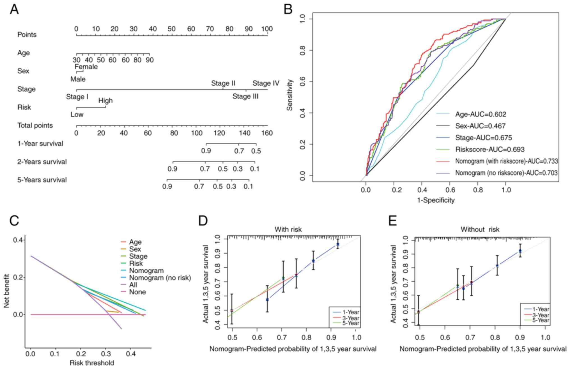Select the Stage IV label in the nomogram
tap(266, 83)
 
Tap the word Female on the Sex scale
tap(86, 67)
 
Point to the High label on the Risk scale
tap(105, 101)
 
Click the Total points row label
tap(35, 126)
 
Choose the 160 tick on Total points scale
tap(267, 133)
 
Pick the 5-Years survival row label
tap(42, 180)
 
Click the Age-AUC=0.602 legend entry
tap(481, 114)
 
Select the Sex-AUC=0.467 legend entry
tap(480, 126)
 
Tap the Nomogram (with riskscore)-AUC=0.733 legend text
tap(506, 161)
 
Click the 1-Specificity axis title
tap(436, 200)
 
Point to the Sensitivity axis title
tap(290, 95)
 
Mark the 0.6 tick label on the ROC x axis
tap(450, 190)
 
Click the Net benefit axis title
tap(6, 291)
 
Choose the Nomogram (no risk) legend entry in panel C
tap(160, 278)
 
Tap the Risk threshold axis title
tap(92, 363)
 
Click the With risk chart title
tap(288, 229)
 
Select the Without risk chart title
tap(480, 229)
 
